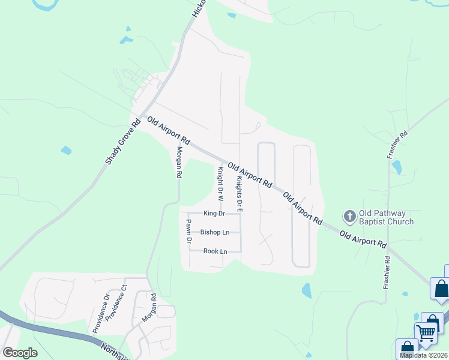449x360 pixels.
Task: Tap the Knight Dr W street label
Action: pyautogui.click(x=220, y=183)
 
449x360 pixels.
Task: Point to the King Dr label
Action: pyautogui.click(x=214, y=214)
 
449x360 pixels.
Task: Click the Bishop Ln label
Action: pyautogui.click(x=215, y=232)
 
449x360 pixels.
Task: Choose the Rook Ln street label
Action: pyautogui.click(x=215, y=251)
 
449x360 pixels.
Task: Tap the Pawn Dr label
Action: pyautogui.click(x=188, y=231)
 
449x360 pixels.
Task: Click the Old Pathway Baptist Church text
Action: pyautogui.click(x=386, y=217)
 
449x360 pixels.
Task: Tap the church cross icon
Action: pyautogui.click(x=349, y=216)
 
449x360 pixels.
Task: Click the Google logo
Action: pyautogui.click(x=20, y=353)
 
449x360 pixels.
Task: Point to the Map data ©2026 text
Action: pyautogui.click(x=424, y=355)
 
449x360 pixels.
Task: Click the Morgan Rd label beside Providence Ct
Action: pyautogui.click(x=149, y=308)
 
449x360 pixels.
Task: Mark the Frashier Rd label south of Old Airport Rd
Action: pyautogui.click(x=387, y=273)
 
